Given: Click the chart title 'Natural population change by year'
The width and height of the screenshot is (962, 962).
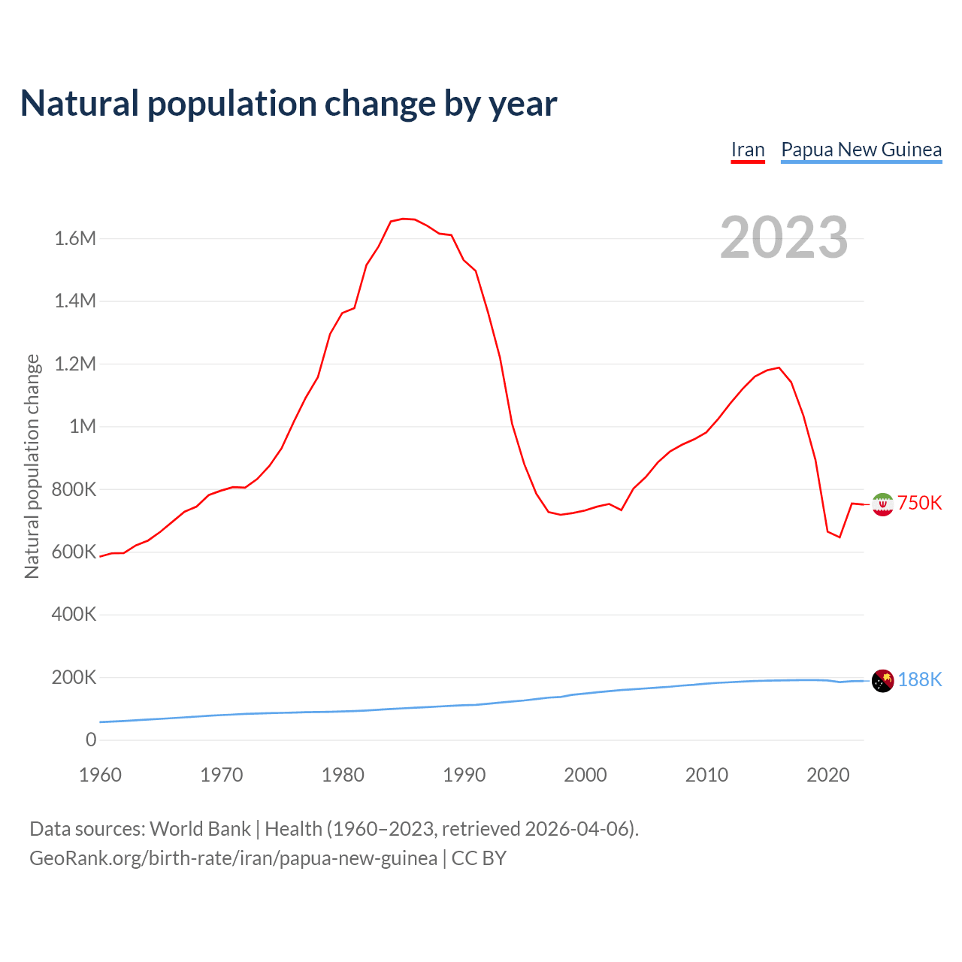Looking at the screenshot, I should click(289, 104).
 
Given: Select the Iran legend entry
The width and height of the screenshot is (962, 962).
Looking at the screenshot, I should click(748, 150).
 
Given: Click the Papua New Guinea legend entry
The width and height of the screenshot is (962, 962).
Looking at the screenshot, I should click(861, 150).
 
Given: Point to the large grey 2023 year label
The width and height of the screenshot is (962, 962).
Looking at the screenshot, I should click(784, 237).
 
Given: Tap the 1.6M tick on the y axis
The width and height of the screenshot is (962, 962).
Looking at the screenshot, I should click(75, 239).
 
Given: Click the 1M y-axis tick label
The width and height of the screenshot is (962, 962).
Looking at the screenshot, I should click(83, 427).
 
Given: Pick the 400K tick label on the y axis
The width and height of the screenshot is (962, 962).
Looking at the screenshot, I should click(74, 615).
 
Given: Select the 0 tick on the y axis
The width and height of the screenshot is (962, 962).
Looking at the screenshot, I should click(91, 740).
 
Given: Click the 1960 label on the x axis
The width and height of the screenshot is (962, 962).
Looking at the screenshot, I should click(100, 775).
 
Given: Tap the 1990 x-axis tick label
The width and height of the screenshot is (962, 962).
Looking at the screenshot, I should click(464, 775).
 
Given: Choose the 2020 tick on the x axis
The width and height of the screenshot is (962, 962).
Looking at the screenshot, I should click(828, 775).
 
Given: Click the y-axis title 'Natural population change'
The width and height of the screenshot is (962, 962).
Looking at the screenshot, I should click(32, 466).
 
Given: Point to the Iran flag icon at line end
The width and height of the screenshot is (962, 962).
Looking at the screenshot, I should click(882, 504).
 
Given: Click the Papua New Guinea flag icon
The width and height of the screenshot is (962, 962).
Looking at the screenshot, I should click(882, 681).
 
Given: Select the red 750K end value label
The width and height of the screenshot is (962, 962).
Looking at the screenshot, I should click(920, 504).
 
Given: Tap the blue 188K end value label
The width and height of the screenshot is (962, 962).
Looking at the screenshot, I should click(920, 680).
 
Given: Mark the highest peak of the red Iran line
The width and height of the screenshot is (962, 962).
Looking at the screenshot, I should click(404, 219).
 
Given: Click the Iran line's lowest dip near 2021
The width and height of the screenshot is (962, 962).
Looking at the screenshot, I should click(839, 537).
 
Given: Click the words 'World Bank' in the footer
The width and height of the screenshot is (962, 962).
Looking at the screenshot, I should click(200, 829).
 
